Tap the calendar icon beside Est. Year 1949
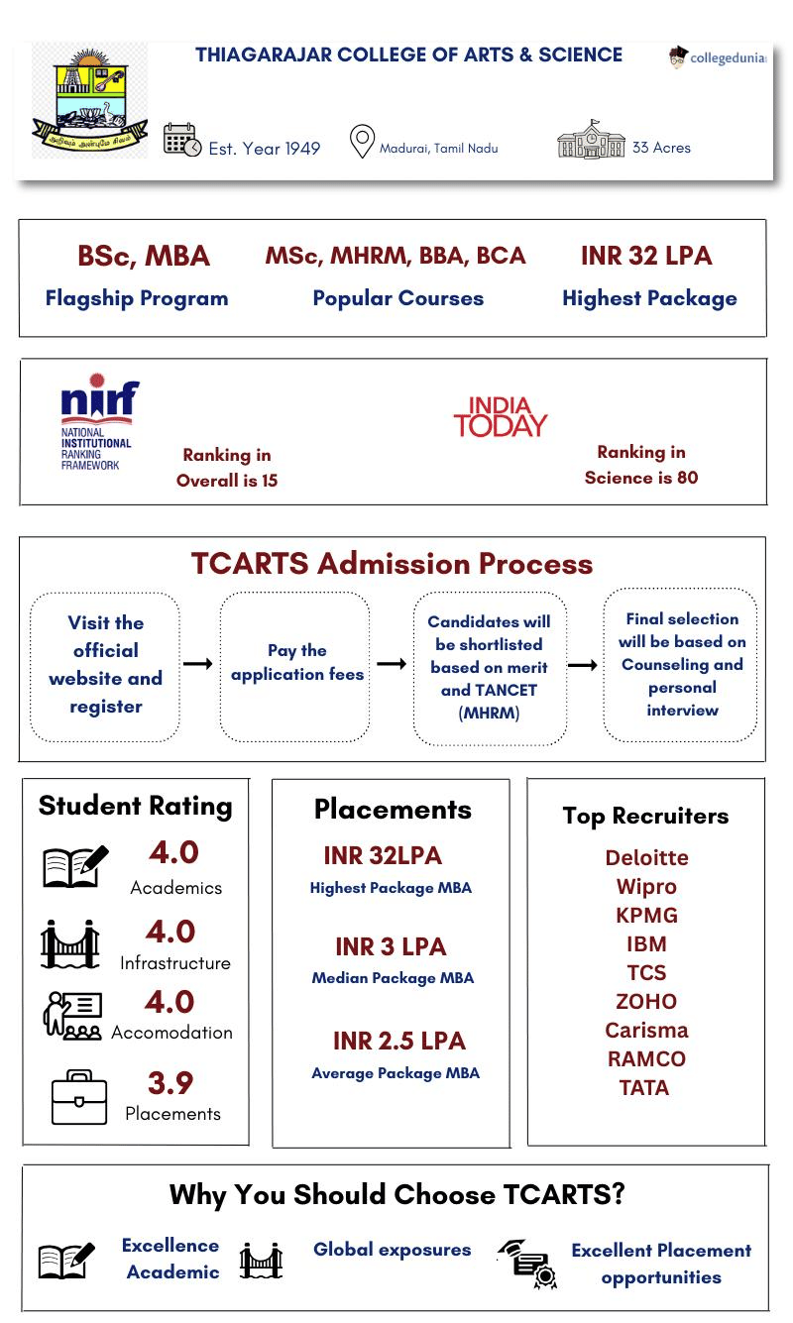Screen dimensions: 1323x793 click(181, 141)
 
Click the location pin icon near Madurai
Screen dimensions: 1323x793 click(362, 142)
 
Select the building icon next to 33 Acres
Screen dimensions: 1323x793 click(591, 141)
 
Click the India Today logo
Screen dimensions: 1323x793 click(500, 418)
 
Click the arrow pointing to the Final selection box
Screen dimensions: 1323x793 click(583, 665)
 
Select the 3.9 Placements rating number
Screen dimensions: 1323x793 click(170, 1082)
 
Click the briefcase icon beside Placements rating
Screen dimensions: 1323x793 click(78, 1096)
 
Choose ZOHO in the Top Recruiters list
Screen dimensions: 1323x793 click(646, 1001)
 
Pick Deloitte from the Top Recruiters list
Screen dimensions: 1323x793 click(646, 857)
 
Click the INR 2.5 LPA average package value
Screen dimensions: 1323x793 click(398, 1041)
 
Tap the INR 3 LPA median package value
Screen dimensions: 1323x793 click(391, 946)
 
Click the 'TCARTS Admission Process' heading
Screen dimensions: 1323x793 click(392, 564)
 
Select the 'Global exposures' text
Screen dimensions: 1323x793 click(392, 1250)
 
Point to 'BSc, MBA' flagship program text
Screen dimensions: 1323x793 click(144, 256)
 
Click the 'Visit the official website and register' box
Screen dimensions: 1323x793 click(105, 664)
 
